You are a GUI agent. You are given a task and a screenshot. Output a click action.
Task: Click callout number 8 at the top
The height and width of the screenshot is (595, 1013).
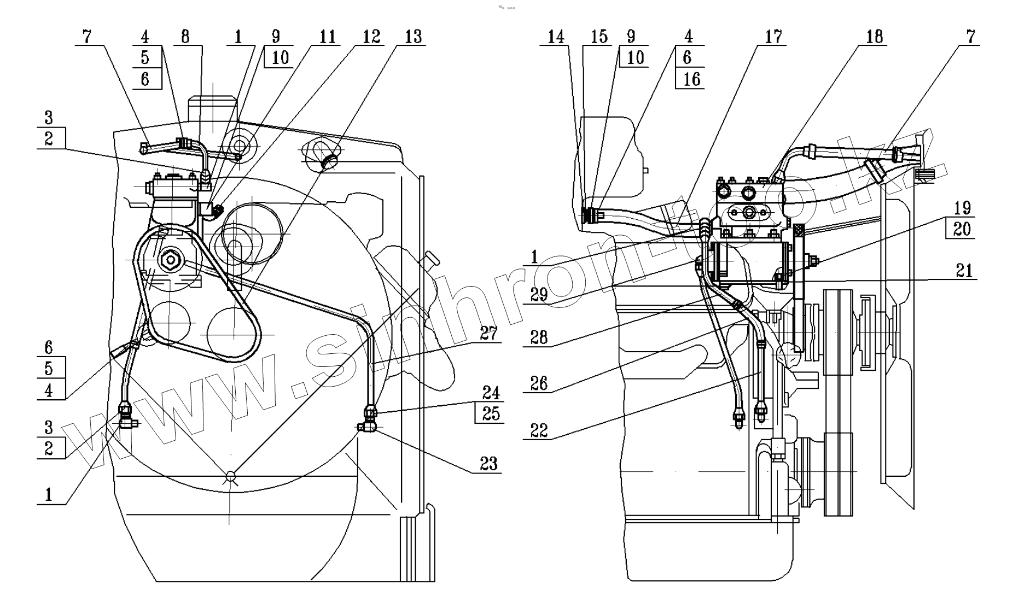point(185,37)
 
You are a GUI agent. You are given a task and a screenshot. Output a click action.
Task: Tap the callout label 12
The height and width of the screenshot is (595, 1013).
point(371,37)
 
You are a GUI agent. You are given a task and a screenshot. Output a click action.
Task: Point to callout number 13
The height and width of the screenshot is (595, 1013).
point(414,37)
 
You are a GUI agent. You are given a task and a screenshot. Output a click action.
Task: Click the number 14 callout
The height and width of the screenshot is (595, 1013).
point(556,37)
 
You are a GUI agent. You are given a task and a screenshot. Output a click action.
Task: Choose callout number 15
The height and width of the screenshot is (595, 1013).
point(599,37)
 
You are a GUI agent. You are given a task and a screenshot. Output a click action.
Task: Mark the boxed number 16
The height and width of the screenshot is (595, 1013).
point(691,79)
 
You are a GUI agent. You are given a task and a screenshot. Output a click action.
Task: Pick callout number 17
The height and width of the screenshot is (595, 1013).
point(773,37)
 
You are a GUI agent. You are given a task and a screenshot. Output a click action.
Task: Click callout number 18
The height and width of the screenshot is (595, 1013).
point(875,37)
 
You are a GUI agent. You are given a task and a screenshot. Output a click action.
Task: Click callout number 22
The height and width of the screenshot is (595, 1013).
point(539,430)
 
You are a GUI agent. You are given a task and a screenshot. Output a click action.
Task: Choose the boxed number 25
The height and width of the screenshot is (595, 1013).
point(491,413)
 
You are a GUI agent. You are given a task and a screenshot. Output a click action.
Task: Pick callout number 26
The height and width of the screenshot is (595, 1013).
point(539,383)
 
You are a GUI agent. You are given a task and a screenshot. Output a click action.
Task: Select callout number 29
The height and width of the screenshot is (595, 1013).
point(539,295)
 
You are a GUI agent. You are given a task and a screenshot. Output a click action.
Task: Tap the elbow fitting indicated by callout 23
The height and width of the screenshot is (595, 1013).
point(366,427)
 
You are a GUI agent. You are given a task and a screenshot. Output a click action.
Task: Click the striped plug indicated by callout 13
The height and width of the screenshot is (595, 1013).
point(330,160)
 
